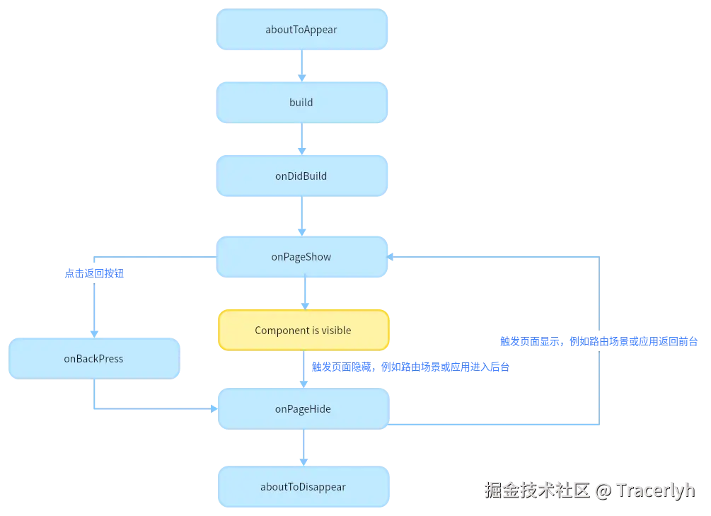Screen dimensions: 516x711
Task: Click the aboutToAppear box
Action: (x=302, y=30)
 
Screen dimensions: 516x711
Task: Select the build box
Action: (x=302, y=103)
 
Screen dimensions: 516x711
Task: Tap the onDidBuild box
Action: (x=302, y=176)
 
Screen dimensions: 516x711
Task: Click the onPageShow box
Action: (x=302, y=257)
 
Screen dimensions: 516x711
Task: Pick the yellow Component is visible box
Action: (x=303, y=331)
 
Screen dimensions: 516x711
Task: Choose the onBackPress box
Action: (x=93, y=359)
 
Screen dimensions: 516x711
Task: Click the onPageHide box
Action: (x=303, y=409)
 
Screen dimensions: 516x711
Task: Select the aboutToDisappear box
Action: (x=303, y=487)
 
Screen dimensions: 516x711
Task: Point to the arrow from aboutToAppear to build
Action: (x=303, y=66)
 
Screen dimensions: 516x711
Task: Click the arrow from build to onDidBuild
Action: (x=303, y=139)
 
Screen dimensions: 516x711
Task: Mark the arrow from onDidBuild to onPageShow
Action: (x=303, y=216)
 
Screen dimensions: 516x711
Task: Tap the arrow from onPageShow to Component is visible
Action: (x=304, y=293)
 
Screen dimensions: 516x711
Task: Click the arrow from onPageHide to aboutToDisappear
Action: (x=304, y=447)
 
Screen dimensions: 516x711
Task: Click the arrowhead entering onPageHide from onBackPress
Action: (x=213, y=408)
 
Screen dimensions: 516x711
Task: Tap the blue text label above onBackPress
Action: (x=94, y=275)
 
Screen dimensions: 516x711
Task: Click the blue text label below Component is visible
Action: (x=410, y=367)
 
